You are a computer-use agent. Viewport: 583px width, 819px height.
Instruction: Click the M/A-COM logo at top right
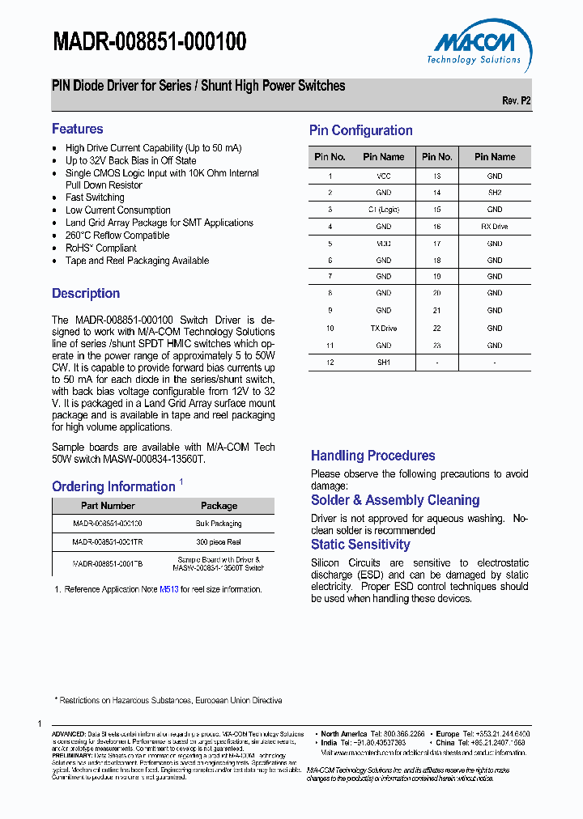[x=474, y=47]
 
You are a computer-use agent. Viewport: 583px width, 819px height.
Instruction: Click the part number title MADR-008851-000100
[x=150, y=42]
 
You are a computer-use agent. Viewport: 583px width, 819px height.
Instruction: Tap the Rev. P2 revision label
[x=516, y=101]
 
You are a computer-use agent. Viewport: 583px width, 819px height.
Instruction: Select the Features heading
[x=78, y=129]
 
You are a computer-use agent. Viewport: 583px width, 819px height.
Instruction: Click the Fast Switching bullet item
[x=95, y=197]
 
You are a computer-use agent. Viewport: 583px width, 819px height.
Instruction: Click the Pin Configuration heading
[x=360, y=130]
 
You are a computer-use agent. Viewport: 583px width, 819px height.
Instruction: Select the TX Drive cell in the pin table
[x=383, y=328]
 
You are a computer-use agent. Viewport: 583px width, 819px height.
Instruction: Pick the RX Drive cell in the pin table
[x=494, y=227]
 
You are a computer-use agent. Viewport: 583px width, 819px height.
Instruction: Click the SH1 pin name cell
[x=383, y=362]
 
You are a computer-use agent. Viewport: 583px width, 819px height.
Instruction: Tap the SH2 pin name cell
[x=494, y=193]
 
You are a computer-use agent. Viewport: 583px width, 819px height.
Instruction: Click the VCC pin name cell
[x=383, y=176]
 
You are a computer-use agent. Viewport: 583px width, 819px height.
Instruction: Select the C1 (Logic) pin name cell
[x=383, y=210]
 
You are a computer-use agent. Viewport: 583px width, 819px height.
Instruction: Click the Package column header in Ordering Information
[x=219, y=506]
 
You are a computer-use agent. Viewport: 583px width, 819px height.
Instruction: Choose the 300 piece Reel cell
[x=219, y=542]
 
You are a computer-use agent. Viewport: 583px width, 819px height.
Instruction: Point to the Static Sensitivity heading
[x=360, y=545]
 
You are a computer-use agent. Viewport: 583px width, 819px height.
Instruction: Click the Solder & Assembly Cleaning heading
[x=395, y=500]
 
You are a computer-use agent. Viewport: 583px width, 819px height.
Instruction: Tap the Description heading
[x=86, y=293]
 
